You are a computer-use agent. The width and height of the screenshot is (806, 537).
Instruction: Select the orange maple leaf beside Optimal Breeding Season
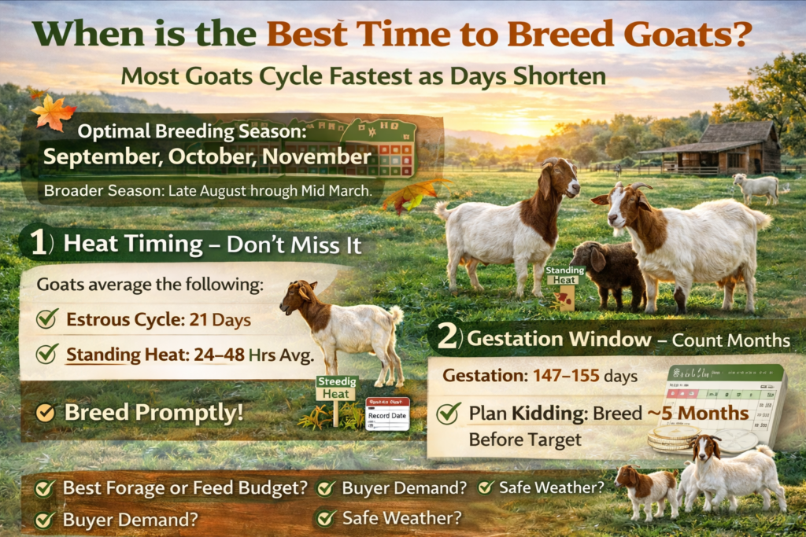[54, 112]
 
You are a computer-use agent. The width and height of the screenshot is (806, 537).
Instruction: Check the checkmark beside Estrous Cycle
[47, 319]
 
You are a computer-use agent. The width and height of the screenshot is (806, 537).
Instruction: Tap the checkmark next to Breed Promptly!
[46, 412]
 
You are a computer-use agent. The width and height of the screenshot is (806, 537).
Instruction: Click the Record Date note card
[386, 413]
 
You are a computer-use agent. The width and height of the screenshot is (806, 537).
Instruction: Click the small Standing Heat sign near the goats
[564, 276]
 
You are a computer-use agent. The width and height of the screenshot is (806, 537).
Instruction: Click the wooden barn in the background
[728, 149]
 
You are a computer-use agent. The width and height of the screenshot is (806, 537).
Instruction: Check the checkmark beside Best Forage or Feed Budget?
[45, 488]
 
